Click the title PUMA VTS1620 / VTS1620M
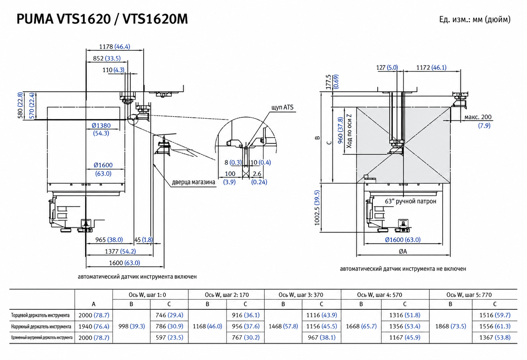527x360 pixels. coord(102,19)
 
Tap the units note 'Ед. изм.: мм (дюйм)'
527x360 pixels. coord(475,19)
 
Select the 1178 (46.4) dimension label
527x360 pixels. coord(114,47)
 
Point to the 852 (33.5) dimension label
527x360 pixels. coord(107,58)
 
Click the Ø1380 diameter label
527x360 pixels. coord(101,126)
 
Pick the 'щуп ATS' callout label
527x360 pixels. coord(282,108)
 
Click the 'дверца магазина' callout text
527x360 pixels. coord(193,182)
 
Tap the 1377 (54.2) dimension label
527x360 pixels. coord(120,251)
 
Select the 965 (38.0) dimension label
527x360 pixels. coord(109,240)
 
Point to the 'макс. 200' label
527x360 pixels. coord(478,117)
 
